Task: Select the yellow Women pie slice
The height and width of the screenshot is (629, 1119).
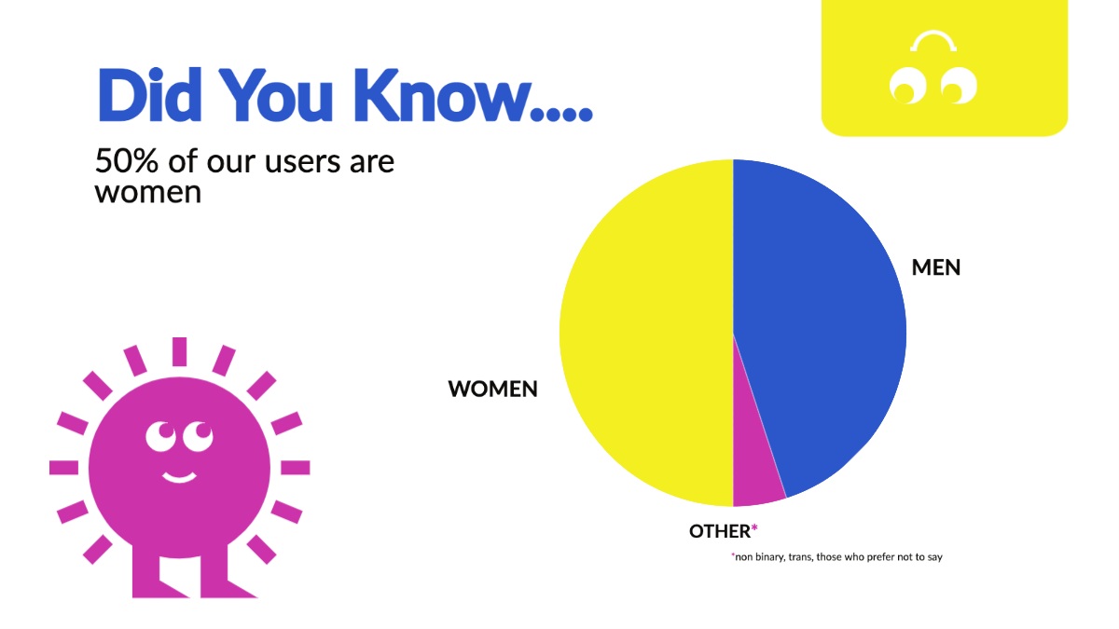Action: tap(644, 333)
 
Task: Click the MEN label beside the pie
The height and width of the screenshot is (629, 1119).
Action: tap(935, 267)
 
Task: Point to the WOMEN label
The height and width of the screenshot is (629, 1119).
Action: tap(492, 389)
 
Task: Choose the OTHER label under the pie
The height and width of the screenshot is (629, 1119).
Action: tap(719, 531)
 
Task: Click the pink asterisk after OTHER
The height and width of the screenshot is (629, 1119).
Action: tap(754, 527)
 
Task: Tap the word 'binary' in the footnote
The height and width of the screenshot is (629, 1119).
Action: tap(770, 557)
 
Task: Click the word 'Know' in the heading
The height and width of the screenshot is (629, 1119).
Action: tap(441, 95)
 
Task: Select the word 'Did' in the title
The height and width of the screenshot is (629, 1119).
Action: tap(149, 95)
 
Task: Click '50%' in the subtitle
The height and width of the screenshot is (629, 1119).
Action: tap(127, 160)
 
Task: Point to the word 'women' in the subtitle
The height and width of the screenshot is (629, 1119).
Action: tap(148, 193)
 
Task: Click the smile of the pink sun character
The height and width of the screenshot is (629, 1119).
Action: tap(179, 477)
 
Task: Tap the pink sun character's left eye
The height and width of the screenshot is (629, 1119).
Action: tap(160, 436)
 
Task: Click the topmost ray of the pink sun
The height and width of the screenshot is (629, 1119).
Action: tap(179, 351)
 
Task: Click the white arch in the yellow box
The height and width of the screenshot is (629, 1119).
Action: tap(933, 41)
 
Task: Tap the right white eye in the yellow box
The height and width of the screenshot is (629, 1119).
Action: tap(959, 86)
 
